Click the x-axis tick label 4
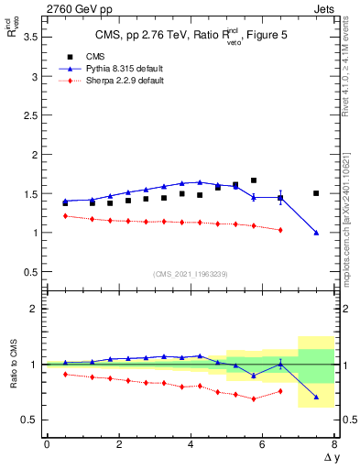pyautogui.click(x=191, y=444)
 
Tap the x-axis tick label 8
pyautogui.click(x=334, y=444)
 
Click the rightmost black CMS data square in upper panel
pyautogui.click(x=316, y=193)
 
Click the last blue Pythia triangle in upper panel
pyautogui.click(x=316, y=233)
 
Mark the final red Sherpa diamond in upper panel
pyautogui.click(x=280, y=230)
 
